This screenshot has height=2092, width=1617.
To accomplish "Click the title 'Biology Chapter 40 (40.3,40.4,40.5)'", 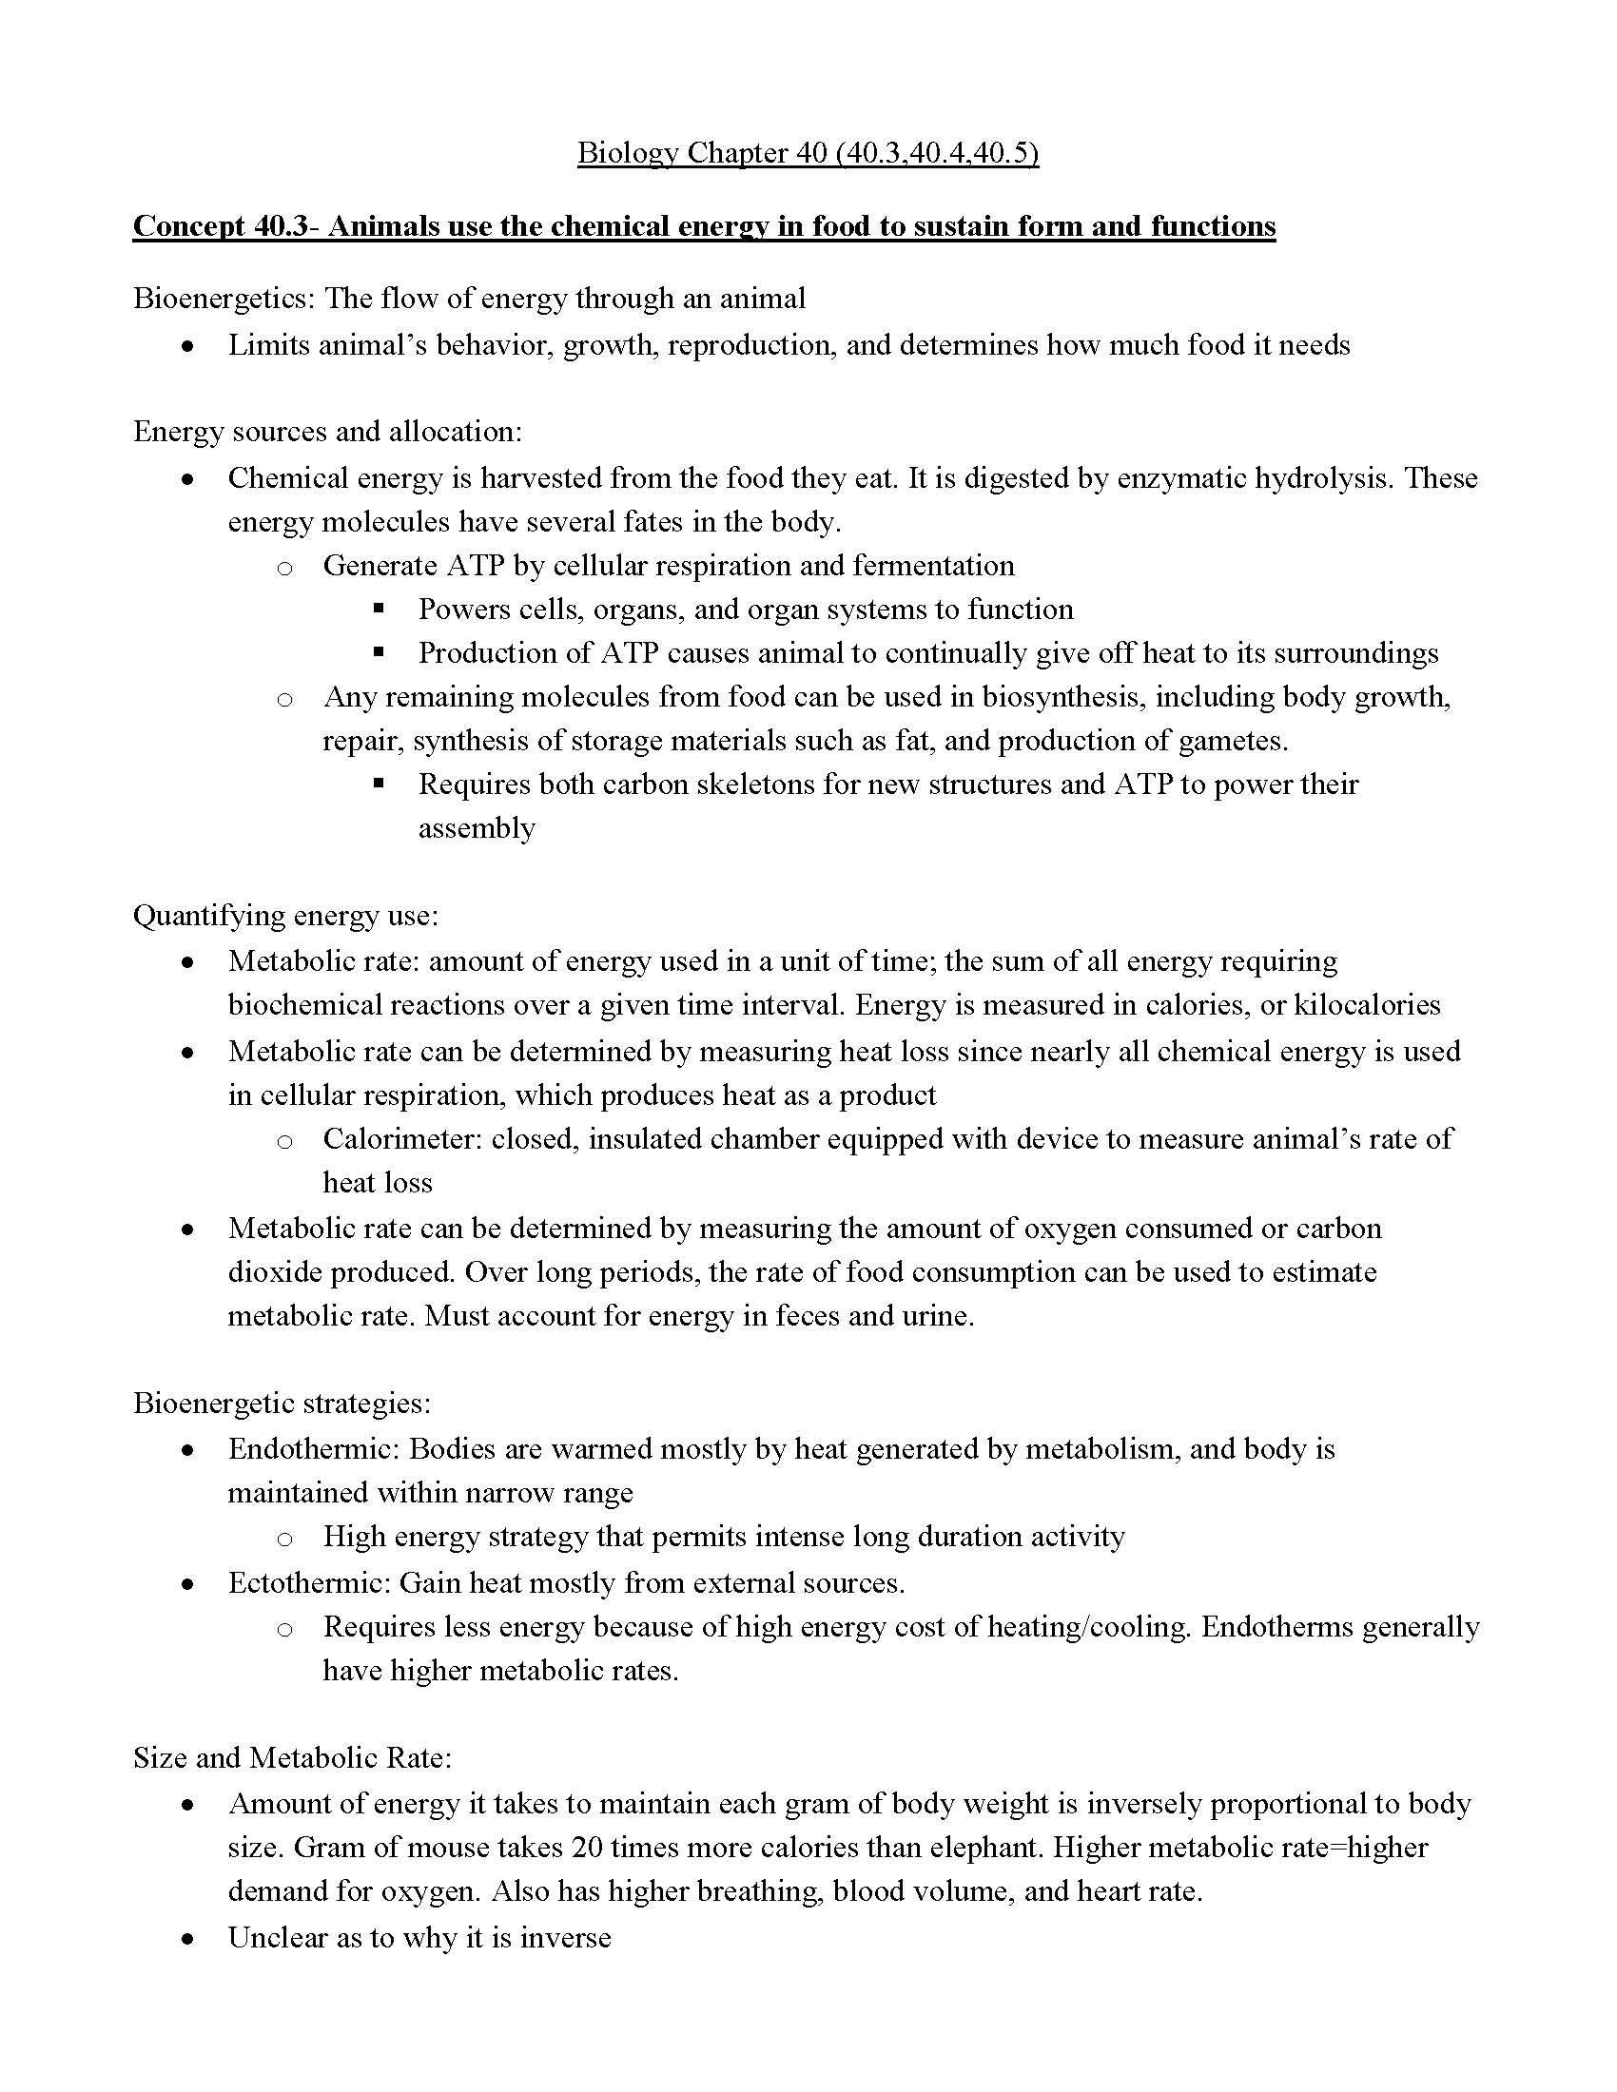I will [808, 153].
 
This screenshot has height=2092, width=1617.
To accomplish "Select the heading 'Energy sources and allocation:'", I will [327, 432].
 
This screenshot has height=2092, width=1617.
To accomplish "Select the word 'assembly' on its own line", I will [477, 828].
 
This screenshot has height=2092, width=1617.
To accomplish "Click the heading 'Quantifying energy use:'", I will [285, 917].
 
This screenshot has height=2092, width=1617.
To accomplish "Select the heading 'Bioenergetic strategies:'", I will [282, 1404].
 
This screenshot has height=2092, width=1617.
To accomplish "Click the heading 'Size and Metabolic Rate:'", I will [292, 1758].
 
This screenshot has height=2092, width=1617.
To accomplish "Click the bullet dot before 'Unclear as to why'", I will [188, 1939].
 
